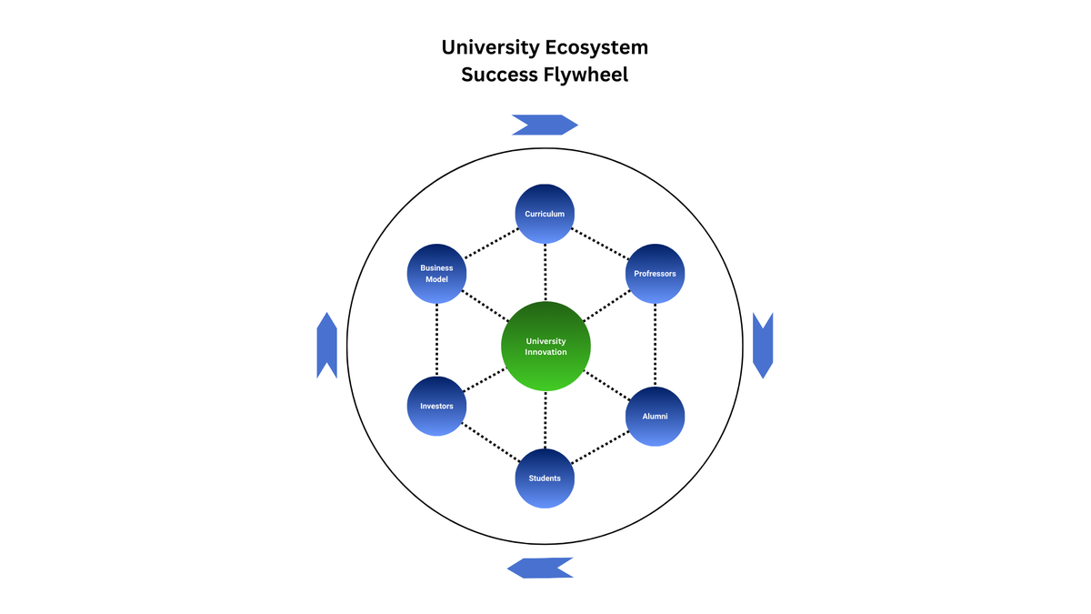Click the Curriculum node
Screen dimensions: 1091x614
coord(545,214)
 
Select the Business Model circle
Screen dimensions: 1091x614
coord(436,274)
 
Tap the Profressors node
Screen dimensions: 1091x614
coord(655,274)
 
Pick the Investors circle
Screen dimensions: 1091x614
coord(436,406)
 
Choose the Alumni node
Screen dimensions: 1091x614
coord(655,417)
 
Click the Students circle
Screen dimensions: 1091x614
coord(545,478)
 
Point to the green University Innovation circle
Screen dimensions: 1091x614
coord(545,346)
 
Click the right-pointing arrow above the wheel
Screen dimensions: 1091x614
coord(545,125)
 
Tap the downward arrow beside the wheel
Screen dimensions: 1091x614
coord(763,346)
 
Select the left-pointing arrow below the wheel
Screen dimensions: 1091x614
coord(540,569)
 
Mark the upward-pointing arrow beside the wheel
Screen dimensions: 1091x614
coord(326,346)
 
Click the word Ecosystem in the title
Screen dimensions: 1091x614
coord(596,47)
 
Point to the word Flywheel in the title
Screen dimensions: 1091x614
coord(586,75)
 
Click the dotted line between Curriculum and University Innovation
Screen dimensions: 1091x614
coord(545,272)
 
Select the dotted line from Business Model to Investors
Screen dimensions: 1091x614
coord(436,339)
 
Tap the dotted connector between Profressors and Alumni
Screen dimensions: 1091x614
coord(655,345)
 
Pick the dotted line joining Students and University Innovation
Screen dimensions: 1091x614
coord(545,419)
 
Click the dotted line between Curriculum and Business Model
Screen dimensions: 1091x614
coord(491,244)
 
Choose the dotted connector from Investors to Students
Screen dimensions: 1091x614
coord(491,442)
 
